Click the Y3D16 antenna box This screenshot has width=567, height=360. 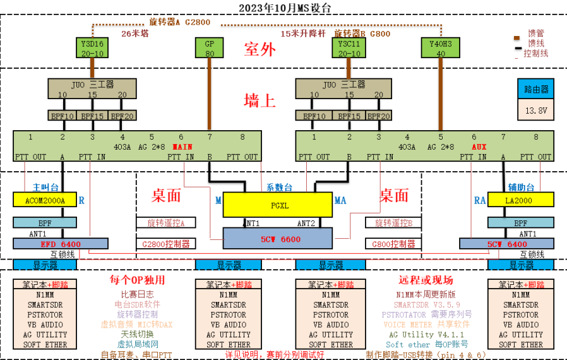[93, 48]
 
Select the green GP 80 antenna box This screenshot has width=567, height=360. [210, 48]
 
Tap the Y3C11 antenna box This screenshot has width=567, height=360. [349, 48]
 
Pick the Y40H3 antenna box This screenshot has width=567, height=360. [441, 48]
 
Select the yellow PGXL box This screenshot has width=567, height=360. [277, 205]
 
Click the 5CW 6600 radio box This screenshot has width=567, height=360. [277, 239]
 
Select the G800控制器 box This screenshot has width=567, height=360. [393, 244]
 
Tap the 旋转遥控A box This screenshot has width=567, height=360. [166, 223]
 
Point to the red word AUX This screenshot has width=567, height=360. [478, 147]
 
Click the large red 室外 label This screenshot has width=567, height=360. [260, 51]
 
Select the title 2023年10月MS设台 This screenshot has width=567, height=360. [284, 8]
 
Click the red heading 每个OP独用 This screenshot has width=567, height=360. [137, 280]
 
